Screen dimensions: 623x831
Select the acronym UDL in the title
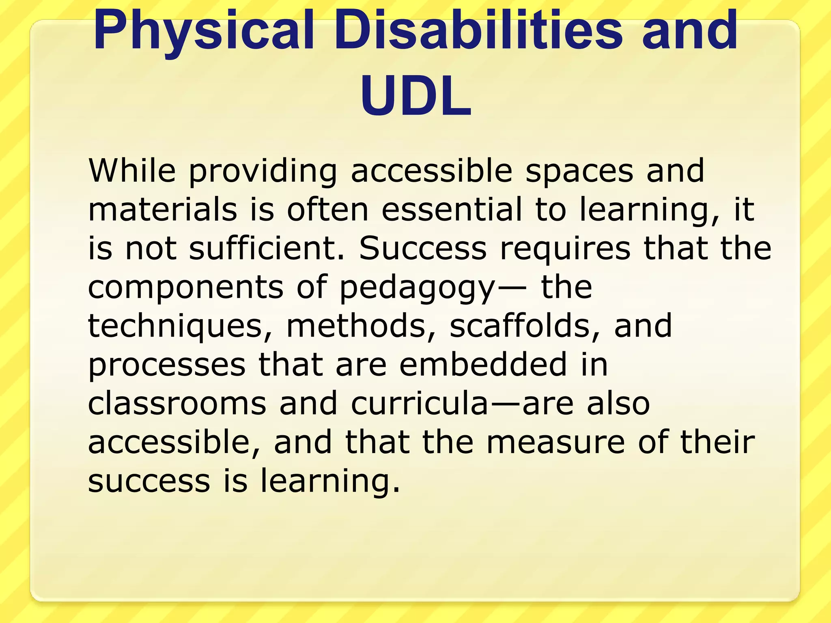(415, 97)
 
